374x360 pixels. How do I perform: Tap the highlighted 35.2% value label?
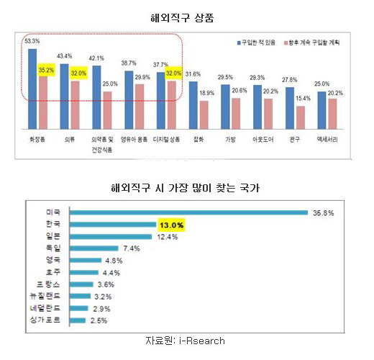point(46,71)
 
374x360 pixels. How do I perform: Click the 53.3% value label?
point(32,42)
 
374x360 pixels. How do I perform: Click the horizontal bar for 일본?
point(112,237)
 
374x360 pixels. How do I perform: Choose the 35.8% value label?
point(321,213)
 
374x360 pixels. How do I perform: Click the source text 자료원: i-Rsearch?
point(189,338)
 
